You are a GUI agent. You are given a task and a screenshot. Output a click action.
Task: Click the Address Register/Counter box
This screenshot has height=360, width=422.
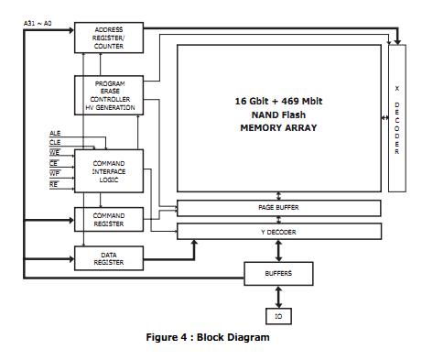click(x=109, y=38)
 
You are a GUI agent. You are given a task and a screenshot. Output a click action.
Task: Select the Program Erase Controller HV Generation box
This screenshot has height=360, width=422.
click(x=109, y=95)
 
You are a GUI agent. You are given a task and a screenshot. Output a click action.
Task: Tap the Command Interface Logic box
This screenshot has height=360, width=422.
click(x=109, y=171)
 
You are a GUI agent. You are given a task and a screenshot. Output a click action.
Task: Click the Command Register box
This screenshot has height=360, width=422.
click(x=109, y=220)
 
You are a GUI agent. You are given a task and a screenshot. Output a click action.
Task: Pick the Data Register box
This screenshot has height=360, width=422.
click(x=109, y=259)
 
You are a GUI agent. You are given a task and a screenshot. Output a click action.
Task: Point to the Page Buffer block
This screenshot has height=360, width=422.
click(x=278, y=208)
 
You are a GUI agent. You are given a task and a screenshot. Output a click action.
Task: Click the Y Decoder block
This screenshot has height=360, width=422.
click(x=278, y=232)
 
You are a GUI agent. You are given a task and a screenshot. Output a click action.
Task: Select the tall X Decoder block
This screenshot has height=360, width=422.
click(x=396, y=118)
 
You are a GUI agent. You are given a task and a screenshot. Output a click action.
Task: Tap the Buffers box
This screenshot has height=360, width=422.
click(x=278, y=273)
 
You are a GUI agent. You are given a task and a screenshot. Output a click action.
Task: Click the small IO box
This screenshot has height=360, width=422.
click(x=278, y=316)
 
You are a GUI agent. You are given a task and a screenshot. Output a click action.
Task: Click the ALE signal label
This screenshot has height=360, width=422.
click(x=54, y=134)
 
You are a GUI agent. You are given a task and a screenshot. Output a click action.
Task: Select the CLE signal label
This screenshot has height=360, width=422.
click(x=54, y=143)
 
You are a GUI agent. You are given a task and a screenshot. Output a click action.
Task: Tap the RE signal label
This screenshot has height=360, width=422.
click(x=54, y=183)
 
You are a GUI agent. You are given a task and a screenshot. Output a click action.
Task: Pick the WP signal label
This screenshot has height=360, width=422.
click(x=54, y=172)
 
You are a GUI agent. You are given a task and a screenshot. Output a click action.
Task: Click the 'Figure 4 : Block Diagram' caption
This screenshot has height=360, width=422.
click(x=208, y=337)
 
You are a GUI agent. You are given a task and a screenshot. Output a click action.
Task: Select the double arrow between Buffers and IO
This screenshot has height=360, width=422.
click(x=278, y=296)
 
